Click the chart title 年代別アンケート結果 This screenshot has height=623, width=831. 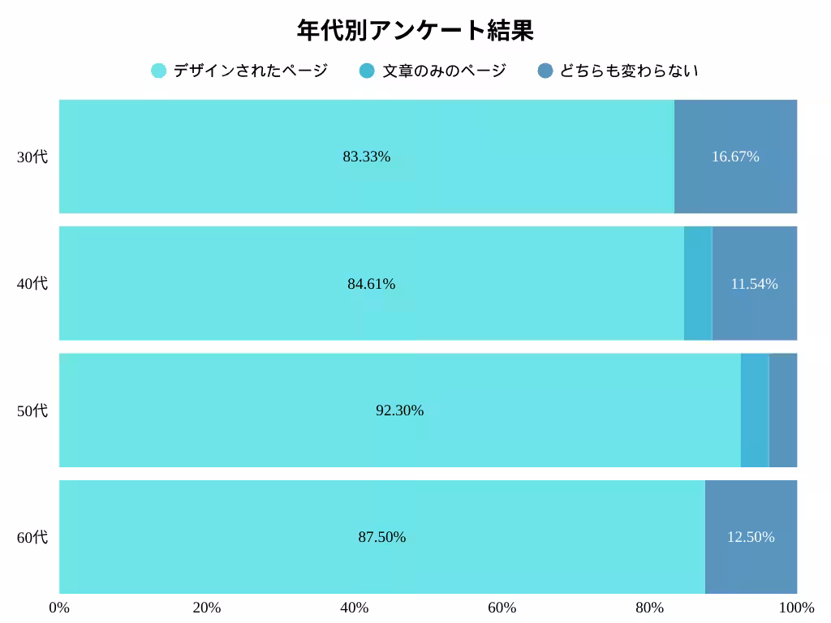click(x=415, y=31)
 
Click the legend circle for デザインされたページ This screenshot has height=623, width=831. click(x=159, y=71)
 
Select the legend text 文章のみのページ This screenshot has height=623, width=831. click(x=444, y=71)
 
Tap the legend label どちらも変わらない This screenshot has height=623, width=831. click(x=629, y=71)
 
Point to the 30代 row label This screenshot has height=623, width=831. click(x=32, y=157)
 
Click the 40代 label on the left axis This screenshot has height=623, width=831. click(x=32, y=283)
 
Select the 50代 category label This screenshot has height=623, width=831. click(x=32, y=410)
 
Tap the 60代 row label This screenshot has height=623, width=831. click(x=32, y=537)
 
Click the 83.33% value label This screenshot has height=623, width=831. click(x=367, y=157)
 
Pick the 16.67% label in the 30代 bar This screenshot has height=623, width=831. click(x=735, y=157)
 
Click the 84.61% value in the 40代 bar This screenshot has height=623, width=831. click(x=372, y=284)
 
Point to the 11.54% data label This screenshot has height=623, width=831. click(x=754, y=284)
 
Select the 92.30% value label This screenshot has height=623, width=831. click(x=399, y=410)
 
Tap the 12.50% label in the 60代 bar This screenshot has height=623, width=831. click(x=751, y=537)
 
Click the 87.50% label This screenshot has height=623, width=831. click(x=382, y=537)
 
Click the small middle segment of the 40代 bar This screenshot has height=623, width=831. click(x=698, y=283)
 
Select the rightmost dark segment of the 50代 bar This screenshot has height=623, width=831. click(x=782, y=410)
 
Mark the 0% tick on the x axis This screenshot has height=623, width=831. click(x=59, y=608)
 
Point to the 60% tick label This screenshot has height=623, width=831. click(x=502, y=608)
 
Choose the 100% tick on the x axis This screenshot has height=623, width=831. click(x=797, y=608)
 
